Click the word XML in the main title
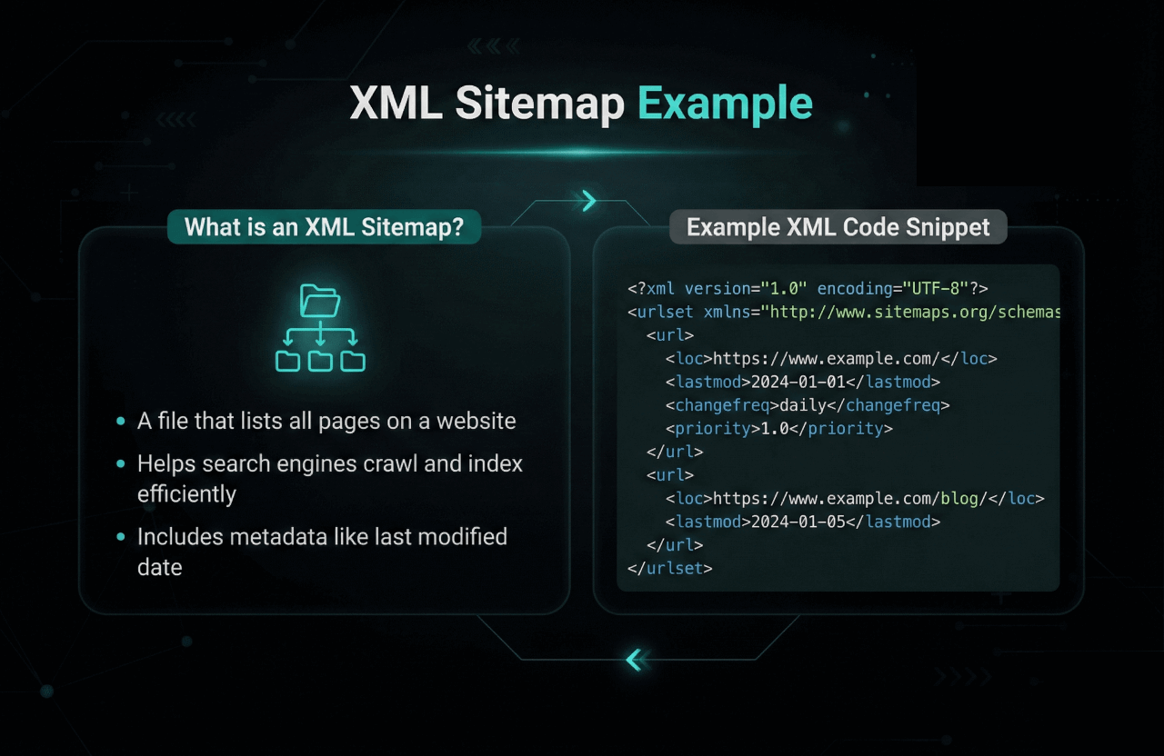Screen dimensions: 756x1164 (396, 104)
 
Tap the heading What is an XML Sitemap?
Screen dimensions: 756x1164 (324, 227)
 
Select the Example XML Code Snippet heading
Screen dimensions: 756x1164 (838, 227)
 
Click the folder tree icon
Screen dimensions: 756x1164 (320, 327)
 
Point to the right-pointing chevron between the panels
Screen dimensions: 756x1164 (589, 201)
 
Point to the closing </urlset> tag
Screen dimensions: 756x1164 (669, 568)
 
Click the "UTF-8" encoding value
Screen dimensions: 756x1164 (936, 288)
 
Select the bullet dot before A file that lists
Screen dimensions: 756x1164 (121, 422)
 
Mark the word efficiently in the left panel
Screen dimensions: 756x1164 (186, 494)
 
